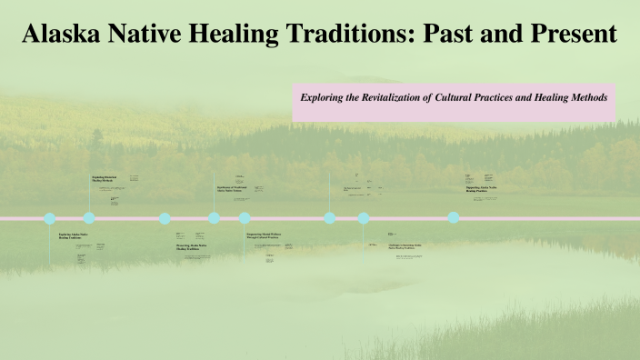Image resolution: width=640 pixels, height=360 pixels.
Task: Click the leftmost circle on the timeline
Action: coord(50,218)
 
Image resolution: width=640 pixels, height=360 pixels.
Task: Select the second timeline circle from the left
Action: coord(89,218)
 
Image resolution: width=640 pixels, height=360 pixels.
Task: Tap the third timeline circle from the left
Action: coord(165,218)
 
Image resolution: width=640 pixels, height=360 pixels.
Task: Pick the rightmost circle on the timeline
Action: coord(453,218)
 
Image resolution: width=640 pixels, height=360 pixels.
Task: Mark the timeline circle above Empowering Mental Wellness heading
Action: coord(245,218)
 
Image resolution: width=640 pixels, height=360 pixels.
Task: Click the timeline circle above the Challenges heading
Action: coord(364,218)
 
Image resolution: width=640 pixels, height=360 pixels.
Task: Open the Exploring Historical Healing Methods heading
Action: coord(104,179)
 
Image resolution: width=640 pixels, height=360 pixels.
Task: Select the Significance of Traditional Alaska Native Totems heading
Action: coord(233,189)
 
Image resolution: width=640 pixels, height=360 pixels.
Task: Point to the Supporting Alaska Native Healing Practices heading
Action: coord(482,189)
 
